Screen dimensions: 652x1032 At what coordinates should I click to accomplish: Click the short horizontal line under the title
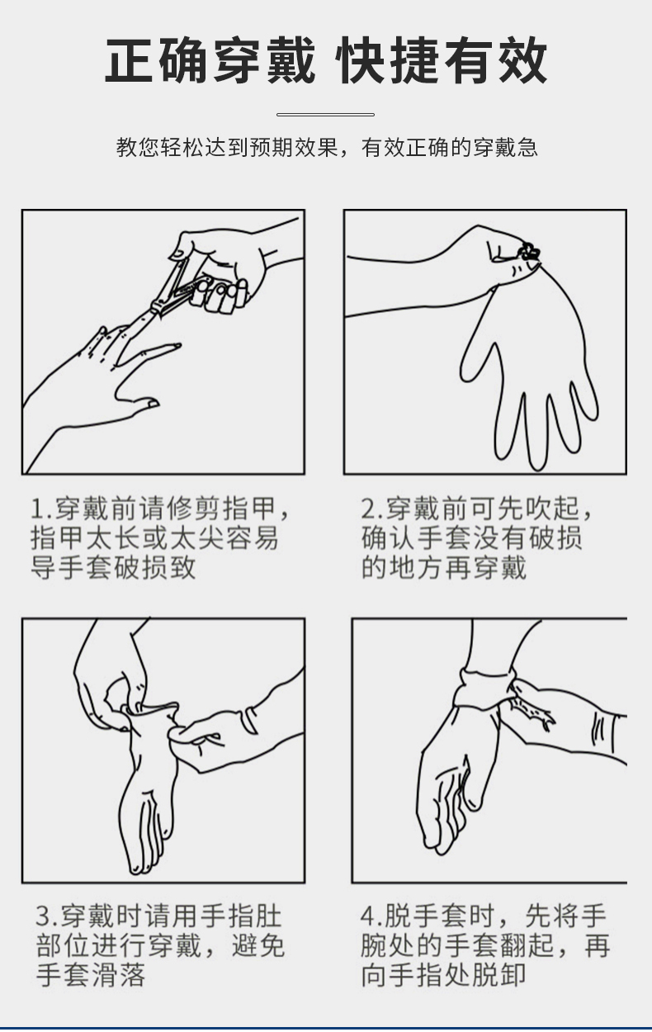[x=325, y=114]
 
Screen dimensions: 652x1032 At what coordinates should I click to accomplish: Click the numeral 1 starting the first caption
[x=38, y=509]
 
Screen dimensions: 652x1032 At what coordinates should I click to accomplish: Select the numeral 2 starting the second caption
[x=368, y=509]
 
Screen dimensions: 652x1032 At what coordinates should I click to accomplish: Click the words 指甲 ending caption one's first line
[x=249, y=509]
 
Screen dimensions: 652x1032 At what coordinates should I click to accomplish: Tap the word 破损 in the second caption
[x=555, y=537]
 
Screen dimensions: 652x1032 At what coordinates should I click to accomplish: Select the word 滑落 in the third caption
[x=118, y=975]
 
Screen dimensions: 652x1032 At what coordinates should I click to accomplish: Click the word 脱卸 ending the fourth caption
[x=498, y=975]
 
